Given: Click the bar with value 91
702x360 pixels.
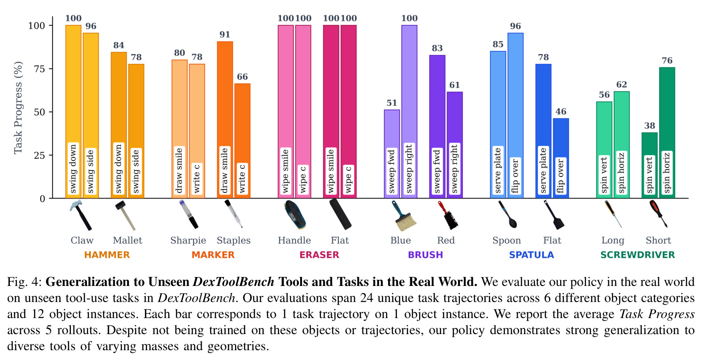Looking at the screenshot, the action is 225,120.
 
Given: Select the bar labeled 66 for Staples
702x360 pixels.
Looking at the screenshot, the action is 243,141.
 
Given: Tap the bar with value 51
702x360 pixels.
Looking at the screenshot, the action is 392,154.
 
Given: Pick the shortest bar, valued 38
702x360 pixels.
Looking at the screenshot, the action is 650,165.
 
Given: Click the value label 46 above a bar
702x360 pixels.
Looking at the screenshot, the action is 561,112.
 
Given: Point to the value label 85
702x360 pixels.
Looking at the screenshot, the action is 498,44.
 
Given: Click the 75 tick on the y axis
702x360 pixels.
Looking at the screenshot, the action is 40,69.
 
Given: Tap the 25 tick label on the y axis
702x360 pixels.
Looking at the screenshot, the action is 40,155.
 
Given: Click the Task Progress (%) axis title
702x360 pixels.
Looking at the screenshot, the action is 18,108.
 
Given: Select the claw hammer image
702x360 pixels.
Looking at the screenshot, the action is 81,215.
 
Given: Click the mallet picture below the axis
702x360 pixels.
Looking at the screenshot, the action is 125,215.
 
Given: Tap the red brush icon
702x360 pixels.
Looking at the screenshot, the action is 448,215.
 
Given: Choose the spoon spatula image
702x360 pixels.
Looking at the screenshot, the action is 508,214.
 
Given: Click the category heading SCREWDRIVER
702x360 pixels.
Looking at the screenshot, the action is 637,255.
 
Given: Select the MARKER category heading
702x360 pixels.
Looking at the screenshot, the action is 213,255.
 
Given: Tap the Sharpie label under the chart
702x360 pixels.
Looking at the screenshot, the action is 188,240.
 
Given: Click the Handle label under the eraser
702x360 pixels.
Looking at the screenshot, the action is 294,240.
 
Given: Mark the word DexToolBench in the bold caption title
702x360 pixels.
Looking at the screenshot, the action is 233,281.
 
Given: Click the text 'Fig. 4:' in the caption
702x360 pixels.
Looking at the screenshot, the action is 25,282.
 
